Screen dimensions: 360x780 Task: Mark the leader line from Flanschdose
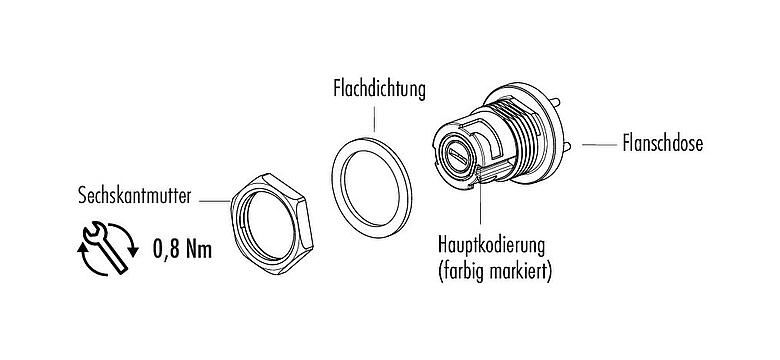pos(597,144)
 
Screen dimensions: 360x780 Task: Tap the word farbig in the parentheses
pos(465,269)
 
